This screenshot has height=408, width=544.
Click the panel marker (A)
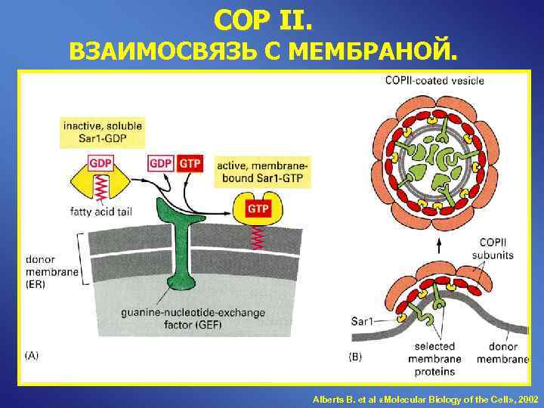pos(32,354)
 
